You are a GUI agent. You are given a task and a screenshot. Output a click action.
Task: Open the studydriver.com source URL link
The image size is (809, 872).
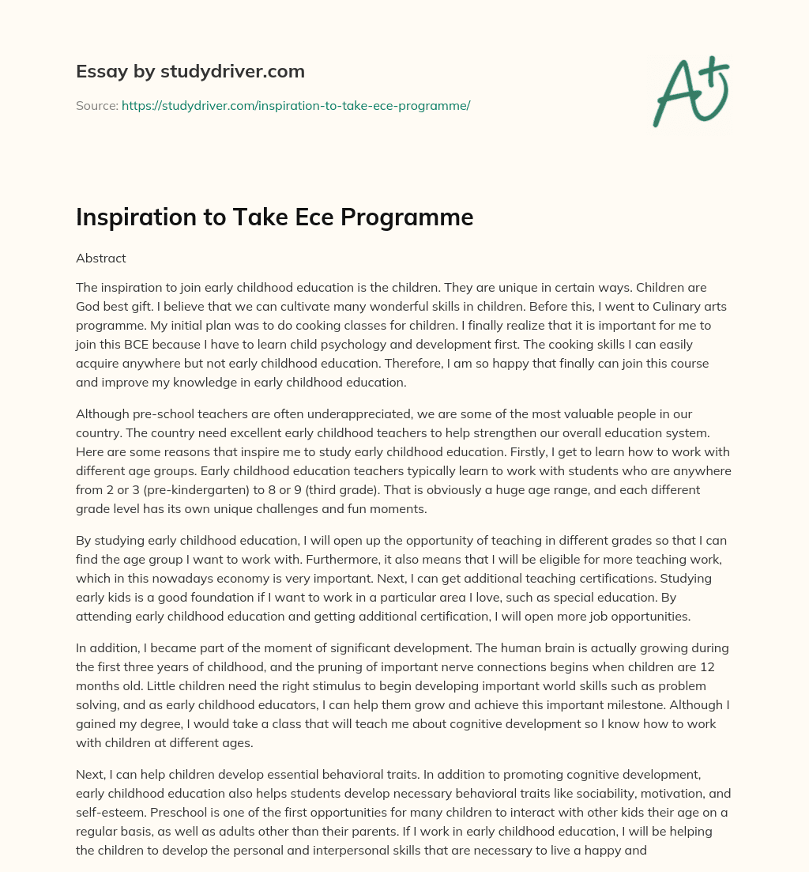(295, 105)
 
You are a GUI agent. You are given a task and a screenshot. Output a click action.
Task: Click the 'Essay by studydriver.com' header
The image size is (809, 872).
(190, 71)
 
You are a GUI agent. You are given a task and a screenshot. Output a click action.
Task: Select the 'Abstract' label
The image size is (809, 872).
(100, 258)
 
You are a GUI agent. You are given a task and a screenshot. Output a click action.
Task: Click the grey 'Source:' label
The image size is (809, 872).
(96, 105)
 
